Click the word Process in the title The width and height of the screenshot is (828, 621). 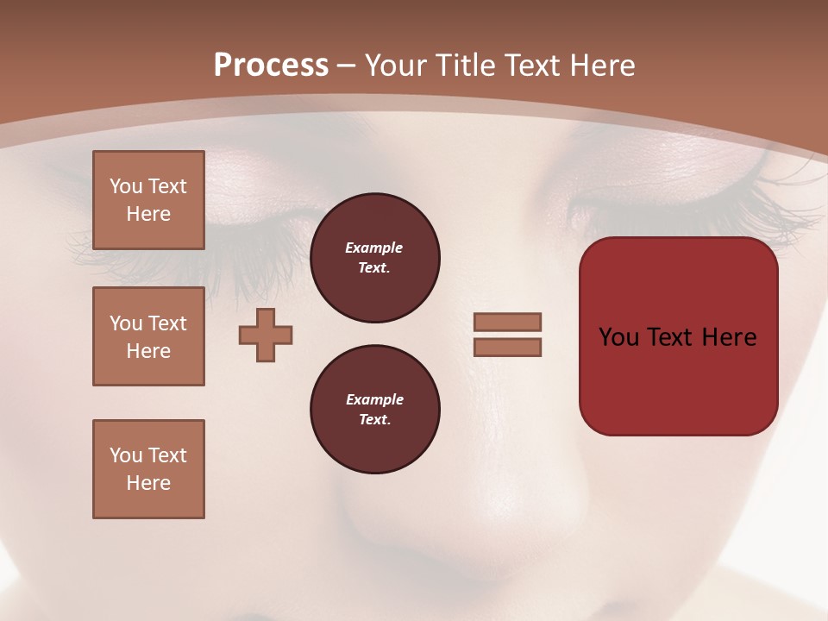(271, 66)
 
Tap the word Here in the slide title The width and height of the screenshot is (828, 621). (600, 66)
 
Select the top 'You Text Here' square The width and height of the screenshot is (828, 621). (148, 200)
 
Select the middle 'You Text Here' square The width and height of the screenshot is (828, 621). (148, 336)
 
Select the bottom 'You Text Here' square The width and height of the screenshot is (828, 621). (148, 469)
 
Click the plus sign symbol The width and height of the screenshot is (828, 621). (266, 335)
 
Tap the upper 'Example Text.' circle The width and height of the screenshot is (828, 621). (375, 258)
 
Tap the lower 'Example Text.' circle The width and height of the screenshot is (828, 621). (375, 410)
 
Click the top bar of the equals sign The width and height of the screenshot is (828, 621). (507, 322)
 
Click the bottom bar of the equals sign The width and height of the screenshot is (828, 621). (507, 348)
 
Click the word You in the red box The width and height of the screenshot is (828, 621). (619, 337)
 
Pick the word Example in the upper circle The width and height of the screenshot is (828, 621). (373, 248)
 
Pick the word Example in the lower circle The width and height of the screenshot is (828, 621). (374, 399)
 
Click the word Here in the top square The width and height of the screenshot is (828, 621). (148, 214)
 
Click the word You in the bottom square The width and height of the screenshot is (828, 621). (126, 455)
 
